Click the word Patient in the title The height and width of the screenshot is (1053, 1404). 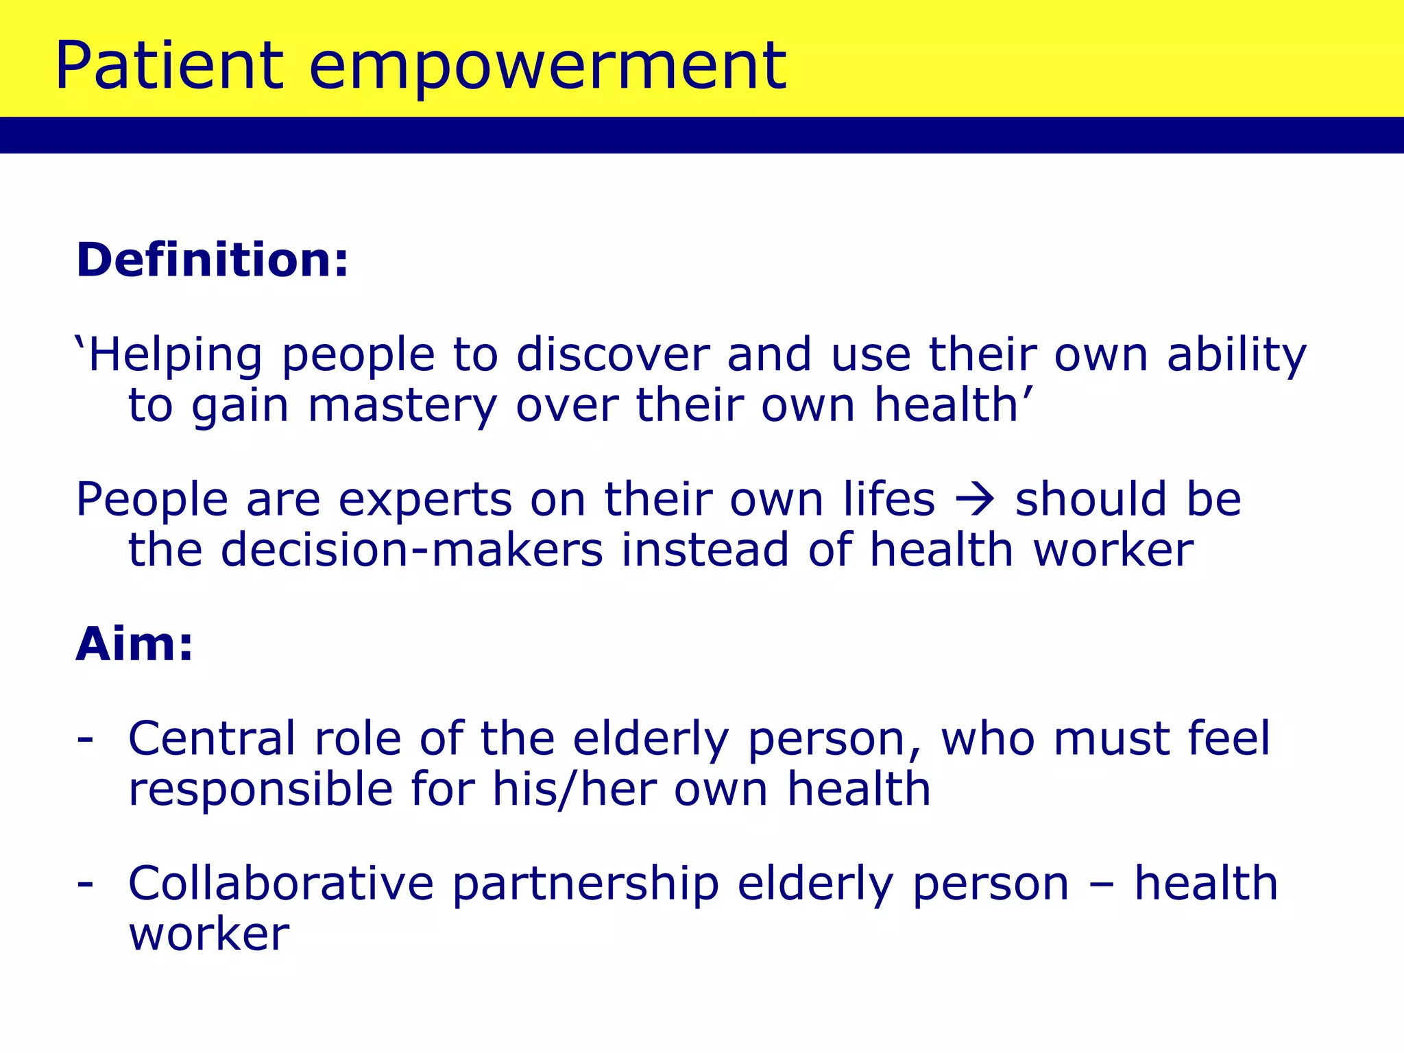pyautogui.click(x=169, y=66)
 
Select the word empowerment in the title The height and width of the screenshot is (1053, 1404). pyautogui.click(x=547, y=66)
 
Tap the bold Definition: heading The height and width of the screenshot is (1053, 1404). pyautogui.click(x=213, y=261)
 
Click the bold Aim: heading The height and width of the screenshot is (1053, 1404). pyautogui.click(x=134, y=645)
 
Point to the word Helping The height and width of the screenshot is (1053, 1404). pyautogui.click(x=175, y=356)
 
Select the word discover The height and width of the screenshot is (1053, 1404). pyautogui.click(x=612, y=355)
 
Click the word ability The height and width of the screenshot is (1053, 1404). pyautogui.click(x=1236, y=356)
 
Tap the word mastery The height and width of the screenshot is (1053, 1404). pyautogui.click(x=402, y=407)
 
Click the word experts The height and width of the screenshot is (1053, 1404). pyautogui.click(x=425, y=500)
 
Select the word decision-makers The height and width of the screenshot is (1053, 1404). pyautogui.click(x=411, y=550)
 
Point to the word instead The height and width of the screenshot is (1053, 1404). pyautogui.click(x=705, y=550)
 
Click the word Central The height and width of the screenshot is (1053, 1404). pyautogui.click(x=212, y=739)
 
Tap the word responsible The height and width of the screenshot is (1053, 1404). pyautogui.click(x=261, y=790)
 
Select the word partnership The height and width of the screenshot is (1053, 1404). pyautogui.click(x=585, y=884)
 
